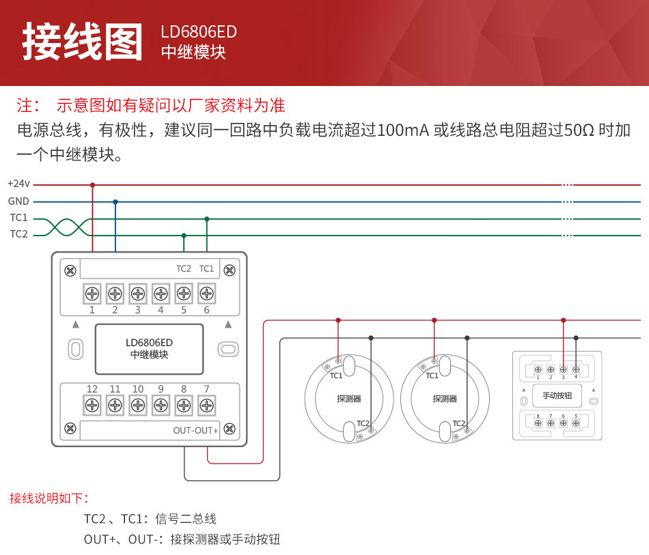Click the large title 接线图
click(83, 42)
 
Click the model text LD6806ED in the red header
click(199, 32)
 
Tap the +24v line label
click(18, 184)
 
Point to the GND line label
click(18, 201)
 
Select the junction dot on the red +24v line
click(92, 184)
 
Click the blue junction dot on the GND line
click(115, 202)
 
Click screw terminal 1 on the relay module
click(92, 294)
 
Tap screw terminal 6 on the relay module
click(206, 294)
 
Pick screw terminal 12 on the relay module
click(92, 405)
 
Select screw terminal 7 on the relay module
click(206, 405)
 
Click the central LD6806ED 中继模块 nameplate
click(149, 349)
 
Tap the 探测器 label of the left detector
click(349, 399)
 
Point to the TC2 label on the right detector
click(458, 423)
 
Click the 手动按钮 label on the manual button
click(557, 395)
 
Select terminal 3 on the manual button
click(563, 369)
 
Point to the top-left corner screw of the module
click(70, 270)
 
